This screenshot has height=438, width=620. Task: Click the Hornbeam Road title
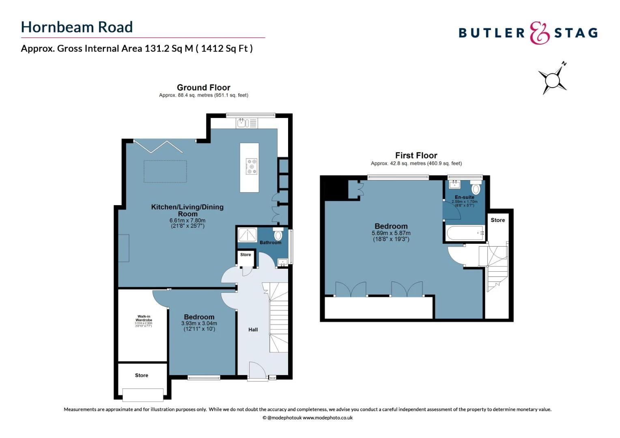coord(77,27)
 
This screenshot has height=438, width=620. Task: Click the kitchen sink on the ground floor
coord(242,122)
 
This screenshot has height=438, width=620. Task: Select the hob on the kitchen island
coord(251,166)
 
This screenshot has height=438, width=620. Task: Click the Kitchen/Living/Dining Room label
coord(187,210)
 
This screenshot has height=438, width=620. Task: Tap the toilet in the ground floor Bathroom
coord(278,235)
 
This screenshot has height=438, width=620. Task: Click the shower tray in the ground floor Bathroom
coord(247,235)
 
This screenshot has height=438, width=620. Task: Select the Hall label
coord(253,330)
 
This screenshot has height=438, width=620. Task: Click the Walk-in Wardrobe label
coord(144,318)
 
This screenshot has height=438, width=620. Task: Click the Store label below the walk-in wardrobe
coord(141,376)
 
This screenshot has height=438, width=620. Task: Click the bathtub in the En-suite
coord(465,233)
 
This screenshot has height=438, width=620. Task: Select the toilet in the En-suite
coord(476,189)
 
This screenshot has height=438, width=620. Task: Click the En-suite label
coord(464,197)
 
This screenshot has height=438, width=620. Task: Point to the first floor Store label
coord(497,220)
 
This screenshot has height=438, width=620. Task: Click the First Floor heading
coord(416,155)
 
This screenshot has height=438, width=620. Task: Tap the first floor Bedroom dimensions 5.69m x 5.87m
coord(391,236)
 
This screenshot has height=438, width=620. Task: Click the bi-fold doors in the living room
coord(158,146)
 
